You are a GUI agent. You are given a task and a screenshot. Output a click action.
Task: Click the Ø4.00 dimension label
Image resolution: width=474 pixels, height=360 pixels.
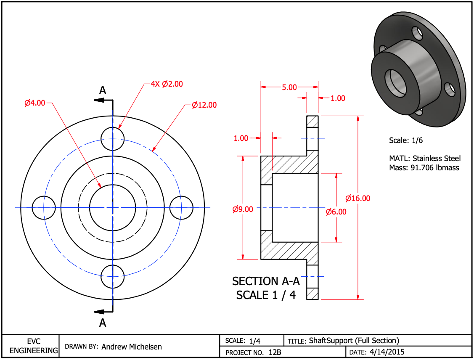(x=34, y=103)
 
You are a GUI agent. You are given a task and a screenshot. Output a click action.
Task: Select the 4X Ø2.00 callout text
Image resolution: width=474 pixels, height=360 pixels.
(x=167, y=84)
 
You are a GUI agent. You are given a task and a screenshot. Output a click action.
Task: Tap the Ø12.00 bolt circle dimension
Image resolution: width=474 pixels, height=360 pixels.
(x=204, y=105)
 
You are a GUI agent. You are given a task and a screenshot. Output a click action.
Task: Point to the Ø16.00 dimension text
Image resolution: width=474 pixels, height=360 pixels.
(x=357, y=198)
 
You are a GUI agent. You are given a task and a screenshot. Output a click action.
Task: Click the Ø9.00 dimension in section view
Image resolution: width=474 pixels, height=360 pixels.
(x=243, y=209)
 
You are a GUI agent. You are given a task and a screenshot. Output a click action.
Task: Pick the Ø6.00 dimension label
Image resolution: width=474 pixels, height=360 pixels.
(x=336, y=212)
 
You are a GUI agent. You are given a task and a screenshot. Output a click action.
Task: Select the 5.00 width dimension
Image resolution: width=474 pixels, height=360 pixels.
(x=289, y=87)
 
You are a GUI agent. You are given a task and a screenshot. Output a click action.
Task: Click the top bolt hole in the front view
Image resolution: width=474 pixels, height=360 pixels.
(x=113, y=139)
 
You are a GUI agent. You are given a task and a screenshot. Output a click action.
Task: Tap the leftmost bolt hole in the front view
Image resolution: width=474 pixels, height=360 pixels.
(x=44, y=207)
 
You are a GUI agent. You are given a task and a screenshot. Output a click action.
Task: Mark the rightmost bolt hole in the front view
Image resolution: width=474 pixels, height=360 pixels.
(x=181, y=207)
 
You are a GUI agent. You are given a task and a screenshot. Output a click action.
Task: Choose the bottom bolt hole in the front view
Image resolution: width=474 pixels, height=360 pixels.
(x=113, y=276)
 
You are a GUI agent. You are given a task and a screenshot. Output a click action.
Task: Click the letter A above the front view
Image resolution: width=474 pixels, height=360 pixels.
(x=103, y=90)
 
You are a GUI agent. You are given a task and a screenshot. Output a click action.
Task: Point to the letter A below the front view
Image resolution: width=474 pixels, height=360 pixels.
(x=103, y=323)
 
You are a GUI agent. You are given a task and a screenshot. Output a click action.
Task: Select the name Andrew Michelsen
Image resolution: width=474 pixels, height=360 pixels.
(x=132, y=347)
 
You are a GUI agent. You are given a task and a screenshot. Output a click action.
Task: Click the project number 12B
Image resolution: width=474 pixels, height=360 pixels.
(x=275, y=352)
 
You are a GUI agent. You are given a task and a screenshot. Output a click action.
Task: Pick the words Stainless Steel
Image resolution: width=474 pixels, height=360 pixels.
(x=437, y=159)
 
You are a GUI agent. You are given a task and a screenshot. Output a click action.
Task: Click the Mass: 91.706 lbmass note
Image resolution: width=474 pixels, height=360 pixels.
(x=424, y=167)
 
